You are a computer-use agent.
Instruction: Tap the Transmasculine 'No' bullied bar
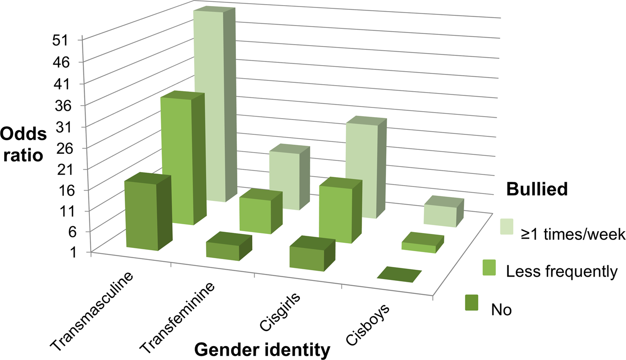148,212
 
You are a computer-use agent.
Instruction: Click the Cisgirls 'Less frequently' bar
341,210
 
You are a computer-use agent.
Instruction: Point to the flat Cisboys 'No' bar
399,274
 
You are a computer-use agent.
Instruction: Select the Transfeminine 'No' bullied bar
229,247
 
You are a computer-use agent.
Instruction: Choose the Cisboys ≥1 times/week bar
444,212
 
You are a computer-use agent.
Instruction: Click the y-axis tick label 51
60,40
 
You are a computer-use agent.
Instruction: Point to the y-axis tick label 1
73,253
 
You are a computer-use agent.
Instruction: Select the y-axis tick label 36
63,105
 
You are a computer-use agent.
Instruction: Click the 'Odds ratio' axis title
23,145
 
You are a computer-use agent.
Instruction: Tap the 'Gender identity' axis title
262,350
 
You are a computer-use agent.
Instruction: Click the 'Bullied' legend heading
537,189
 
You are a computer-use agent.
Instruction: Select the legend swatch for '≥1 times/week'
506,227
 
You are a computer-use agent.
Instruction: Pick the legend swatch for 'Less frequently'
489,267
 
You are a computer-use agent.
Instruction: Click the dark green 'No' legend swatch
472,302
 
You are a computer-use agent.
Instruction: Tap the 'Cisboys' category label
368,325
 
